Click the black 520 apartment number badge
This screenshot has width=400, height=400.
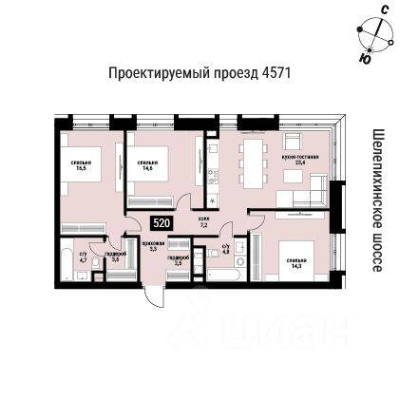point(162,222)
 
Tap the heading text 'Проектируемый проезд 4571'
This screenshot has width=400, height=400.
point(186,74)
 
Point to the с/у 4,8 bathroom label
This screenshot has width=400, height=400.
point(226,250)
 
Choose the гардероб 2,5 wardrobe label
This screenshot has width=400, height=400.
point(178,257)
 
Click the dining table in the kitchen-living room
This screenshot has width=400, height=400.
point(256,150)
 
